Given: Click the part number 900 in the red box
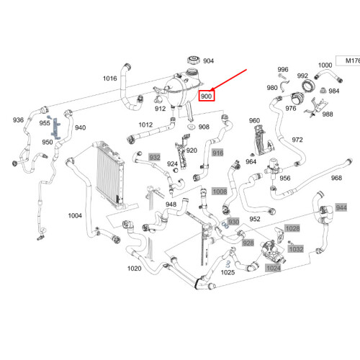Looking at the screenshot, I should tap(207, 96).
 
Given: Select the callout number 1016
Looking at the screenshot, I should tap(109, 78).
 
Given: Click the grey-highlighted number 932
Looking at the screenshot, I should tap(154, 156).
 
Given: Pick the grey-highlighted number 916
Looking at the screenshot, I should tap(218, 153).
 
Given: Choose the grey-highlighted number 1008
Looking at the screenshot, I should tap(220, 192).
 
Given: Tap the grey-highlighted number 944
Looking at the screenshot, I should tap(341, 207).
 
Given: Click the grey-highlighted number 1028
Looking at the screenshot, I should tap(292, 228).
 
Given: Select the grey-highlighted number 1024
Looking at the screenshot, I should tap(274, 268).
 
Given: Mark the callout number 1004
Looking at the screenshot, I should tap(75, 215).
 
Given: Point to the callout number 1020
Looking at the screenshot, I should tap(135, 269).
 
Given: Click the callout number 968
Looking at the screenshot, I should tap(336, 178).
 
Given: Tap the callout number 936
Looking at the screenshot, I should tap(18, 120).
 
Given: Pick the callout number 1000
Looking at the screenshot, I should tap(325, 66).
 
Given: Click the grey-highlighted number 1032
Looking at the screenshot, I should tap(296, 248).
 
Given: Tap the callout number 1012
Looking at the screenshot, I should tap(146, 125).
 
